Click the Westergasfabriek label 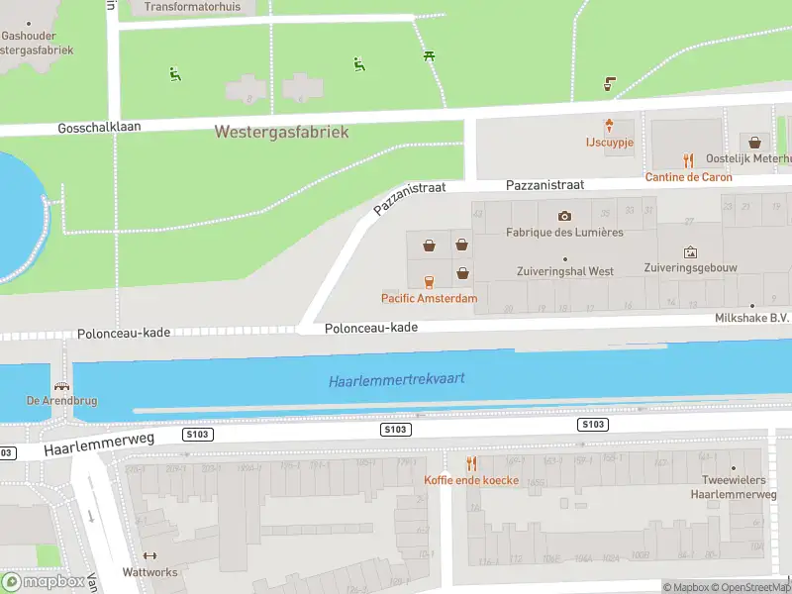pyautogui.click(x=281, y=132)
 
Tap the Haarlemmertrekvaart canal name pyautogui.click(x=396, y=380)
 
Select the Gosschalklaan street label pyautogui.click(x=100, y=129)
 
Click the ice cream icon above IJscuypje pyautogui.click(x=611, y=125)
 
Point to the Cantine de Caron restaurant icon pyautogui.click(x=688, y=160)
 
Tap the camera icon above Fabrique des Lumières pyautogui.click(x=564, y=216)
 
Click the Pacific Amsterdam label pyautogui.click(x=429, y=298)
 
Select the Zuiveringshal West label pyautogui.click(x=564, y=271)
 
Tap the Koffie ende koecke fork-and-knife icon pyautogui.click(x=471, y=463)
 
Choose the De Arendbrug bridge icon pyautogui.click(x=62, y=386)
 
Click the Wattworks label pyautogui.click(x=149, y=572)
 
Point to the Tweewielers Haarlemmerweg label pyautogui.click(x=732, y=486)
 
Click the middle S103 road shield pyautogui.click(x=395, y=429)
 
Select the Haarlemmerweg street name pyautogui.click(x=86, y=447)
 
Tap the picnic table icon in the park pyautogui.click(x=430, y=56)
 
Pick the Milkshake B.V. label pyautogui.click(x=751, y=318)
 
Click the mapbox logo pyautogui.click(x=44, y=582)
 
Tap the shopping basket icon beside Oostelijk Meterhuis pyautogui.click(x=755, y=143)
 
